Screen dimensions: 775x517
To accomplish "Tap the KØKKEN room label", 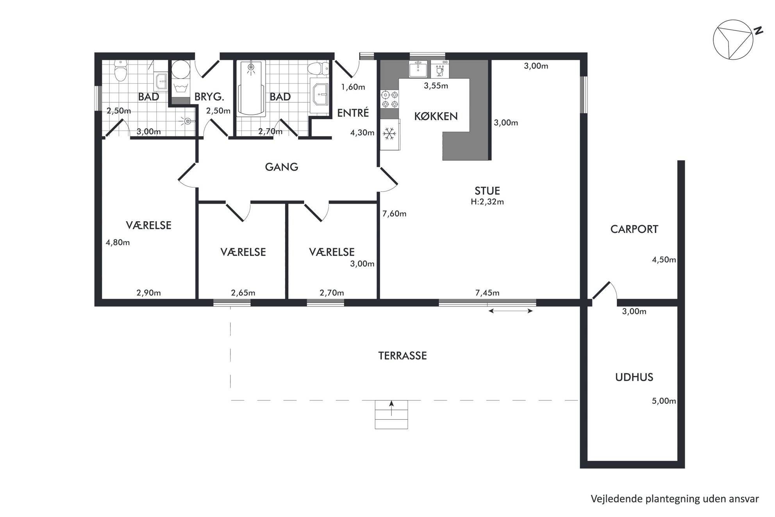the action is coord(436,116).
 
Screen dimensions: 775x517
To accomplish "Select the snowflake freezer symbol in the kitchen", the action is coord(389,134).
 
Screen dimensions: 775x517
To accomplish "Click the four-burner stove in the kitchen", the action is coord(389,99).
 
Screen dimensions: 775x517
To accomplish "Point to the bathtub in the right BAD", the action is coord(251,88).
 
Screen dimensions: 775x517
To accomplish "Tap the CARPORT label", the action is coord(634,229).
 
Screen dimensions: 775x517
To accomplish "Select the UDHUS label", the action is coord(634,377).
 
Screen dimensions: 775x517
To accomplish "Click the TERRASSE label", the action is coord(402,356).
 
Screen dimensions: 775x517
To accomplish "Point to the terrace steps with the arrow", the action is coord(391,414).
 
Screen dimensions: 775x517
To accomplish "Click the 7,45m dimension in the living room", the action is coord(487,293).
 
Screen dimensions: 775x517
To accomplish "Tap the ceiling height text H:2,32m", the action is coord(487,202).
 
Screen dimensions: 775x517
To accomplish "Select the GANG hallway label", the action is coord(281,167).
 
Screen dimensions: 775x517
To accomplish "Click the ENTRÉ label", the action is coord(353,113).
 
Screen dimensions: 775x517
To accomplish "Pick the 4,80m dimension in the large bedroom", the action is coord(118,242).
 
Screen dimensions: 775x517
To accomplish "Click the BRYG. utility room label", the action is coord(209,97).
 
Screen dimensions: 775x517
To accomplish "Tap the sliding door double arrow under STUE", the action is coord(511,311).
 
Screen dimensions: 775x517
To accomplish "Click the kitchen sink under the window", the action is coord(418,69).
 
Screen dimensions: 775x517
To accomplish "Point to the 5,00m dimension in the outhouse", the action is coord(664,401).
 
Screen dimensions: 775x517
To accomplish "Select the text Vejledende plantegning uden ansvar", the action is coord(675,499).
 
